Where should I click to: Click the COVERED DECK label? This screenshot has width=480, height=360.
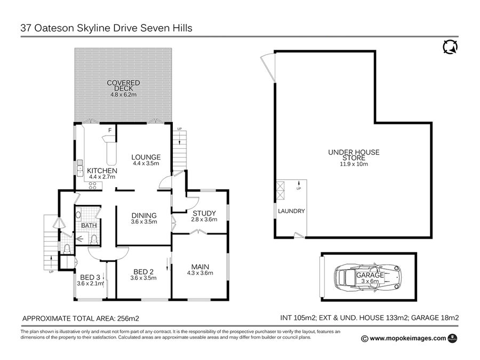(x=123, y=85)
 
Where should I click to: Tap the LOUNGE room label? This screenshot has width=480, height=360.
(x=146, y=157)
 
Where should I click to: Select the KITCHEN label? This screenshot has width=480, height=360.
(x=102, y=171)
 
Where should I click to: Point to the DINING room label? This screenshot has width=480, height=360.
(x=144, y=215)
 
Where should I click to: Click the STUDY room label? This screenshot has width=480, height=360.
(x=204, y=213)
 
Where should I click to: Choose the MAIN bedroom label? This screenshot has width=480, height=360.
(x=200, y=267)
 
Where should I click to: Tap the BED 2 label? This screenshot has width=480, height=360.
(x=143, y=271)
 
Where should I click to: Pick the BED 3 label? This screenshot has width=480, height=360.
(x=90, y=277)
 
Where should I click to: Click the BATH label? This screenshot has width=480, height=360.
(x=89, y=225)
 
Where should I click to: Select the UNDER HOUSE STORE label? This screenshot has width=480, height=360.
(x=354, y=155)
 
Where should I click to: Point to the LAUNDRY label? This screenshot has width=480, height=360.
(x=291, y=211)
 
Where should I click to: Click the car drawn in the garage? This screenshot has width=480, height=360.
(x=367, y=277)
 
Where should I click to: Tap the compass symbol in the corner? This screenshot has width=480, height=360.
(x=451, y=47)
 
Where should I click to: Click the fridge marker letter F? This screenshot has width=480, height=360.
(x=110, y=131)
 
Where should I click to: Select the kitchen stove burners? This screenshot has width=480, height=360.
(x=92, y=186)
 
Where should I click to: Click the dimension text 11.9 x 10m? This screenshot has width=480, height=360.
(x=354, y=164)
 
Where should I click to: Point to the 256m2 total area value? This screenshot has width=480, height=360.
(x=128, y=319)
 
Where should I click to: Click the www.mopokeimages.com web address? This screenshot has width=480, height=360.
(x=408, y=338)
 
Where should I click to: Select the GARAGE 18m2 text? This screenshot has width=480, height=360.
(x=435, y=318)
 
